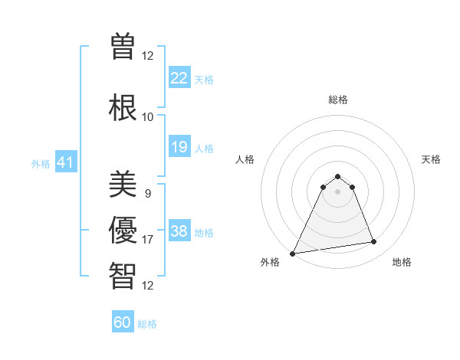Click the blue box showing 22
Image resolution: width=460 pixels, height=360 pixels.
pyautogui.click(x=179, y=78)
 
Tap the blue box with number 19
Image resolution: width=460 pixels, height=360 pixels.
pyautogui.click(x=179, y=147)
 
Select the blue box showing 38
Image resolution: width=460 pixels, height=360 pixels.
pyautogui.click(x=179, y=231)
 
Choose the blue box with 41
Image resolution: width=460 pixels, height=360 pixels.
pyautogui.click(x=65, y=162)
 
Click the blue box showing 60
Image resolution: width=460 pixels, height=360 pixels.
pyautogui.click(x=123, y=322)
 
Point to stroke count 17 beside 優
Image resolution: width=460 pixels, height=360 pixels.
pyautogui.click(x=147, y=240)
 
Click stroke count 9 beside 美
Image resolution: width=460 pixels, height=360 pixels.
pyautogui.click(x=147, y=194)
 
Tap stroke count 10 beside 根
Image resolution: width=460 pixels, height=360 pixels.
pyautogui.click(x=147, y=117)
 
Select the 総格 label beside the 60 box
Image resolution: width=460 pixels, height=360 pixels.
pyautogui.click(x=147, y=324)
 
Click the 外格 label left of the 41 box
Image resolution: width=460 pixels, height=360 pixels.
pyautogui.click(x=41, y=163)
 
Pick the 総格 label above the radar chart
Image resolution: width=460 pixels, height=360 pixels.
pyautogui.click(x=337, y=100)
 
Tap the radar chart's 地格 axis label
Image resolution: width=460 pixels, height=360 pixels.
pyautogui.click(x=402, y=262)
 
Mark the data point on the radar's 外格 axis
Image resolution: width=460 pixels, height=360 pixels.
pyautogui.click(x=292, y=254)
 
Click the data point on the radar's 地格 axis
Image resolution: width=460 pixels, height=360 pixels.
pyautogui.click(x=374, y=242)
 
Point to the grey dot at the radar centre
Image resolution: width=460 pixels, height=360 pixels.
pyautogui.click(x=337, y=191)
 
